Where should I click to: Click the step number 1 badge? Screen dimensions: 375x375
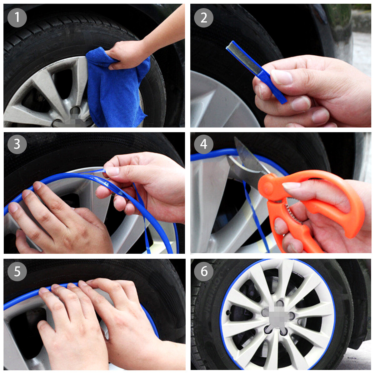click(x=17, y=17)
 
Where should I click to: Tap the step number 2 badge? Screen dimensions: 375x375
click(x=203, y=17)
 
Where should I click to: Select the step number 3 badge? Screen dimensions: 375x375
click(x=17, y=144)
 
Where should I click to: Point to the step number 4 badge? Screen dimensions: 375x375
click(x=203, y=144)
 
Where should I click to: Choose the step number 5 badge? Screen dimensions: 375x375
click(x=17, y=271)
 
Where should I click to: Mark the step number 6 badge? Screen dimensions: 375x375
click(x=203, y=271)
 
